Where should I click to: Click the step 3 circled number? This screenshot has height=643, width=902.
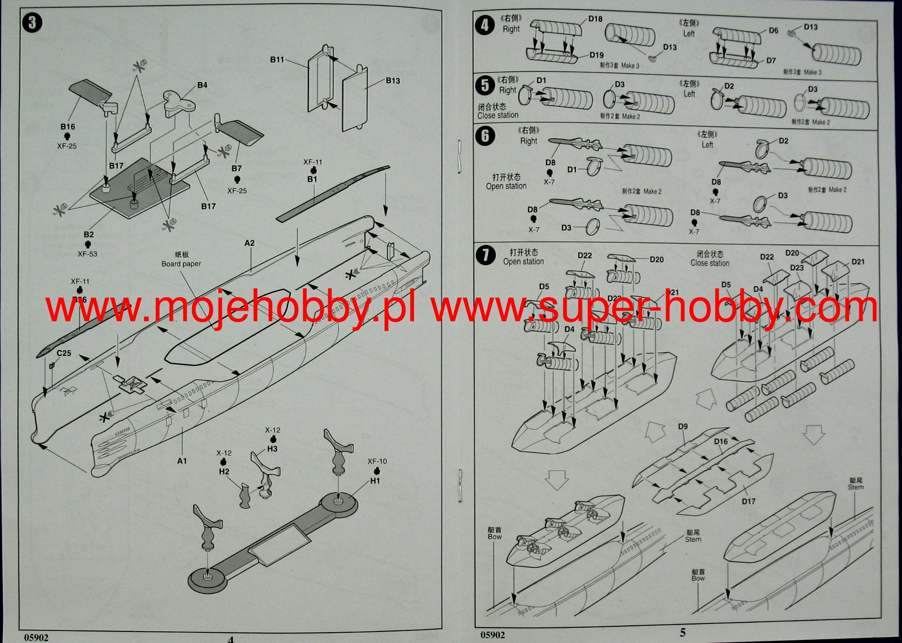click(32, 23)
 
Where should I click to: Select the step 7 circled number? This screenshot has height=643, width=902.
click(486, 255)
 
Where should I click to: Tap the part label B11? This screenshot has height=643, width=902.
click(277, 60)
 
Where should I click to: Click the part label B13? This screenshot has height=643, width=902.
click(393, 81)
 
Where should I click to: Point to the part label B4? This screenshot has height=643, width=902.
click(202, 85)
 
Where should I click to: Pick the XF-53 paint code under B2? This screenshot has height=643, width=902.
click(87, 254)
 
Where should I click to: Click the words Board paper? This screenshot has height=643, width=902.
click(181, 264)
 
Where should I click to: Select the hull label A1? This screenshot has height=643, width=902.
click(182, 461)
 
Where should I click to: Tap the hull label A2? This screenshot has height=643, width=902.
click(249, 243)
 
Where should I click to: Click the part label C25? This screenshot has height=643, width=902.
click(64, 353)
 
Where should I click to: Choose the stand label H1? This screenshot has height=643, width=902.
click(375, 481)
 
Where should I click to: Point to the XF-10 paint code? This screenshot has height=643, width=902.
click(377, 461)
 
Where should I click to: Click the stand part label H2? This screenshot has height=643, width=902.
click(224, 471)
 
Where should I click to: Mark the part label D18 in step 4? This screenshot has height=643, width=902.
click(595, 19)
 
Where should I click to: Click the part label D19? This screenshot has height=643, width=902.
click(596, 55)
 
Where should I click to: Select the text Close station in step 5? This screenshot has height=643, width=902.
click(498, 115)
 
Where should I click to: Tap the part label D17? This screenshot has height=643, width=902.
click(748, 501)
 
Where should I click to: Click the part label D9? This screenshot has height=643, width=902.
click(683, 427)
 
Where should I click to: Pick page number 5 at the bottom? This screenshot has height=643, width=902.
click(683, 632)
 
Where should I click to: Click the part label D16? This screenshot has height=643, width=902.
click(721, 441)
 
